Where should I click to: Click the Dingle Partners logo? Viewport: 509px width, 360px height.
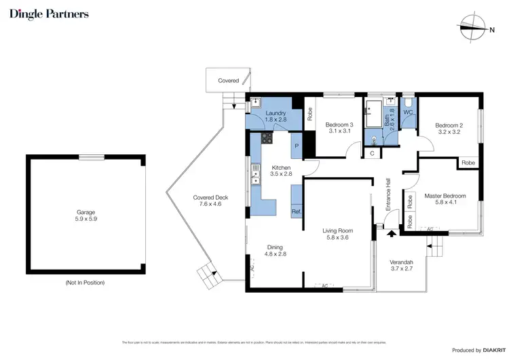point(49,14)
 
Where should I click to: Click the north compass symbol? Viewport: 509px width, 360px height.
point(471,29)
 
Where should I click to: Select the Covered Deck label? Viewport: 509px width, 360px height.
point(210,201)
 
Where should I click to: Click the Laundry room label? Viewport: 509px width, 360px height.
point(275,116)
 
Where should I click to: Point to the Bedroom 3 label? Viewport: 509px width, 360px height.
point(339,128)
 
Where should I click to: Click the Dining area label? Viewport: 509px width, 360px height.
point(276,251)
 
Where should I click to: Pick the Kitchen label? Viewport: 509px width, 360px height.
point(281,171)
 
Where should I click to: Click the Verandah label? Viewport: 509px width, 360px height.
point(400,266)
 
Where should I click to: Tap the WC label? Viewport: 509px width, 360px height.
point(408,111)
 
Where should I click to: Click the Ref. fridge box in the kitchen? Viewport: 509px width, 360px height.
point(297,211)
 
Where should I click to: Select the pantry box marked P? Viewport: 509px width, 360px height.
point(297,145)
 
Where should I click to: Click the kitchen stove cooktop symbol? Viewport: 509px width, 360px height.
point(266,139)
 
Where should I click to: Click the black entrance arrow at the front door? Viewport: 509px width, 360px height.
point(392,234)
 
